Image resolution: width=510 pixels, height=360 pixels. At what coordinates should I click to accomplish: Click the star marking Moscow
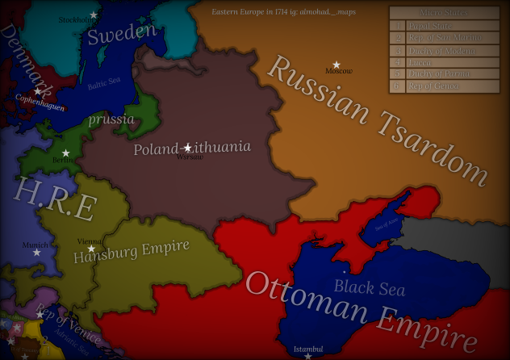click(337, 65)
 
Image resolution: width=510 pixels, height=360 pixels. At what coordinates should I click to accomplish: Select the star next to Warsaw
click(187, 148)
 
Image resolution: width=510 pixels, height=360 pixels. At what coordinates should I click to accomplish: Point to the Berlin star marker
click(66, 153)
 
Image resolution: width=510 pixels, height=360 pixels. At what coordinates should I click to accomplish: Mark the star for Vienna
click(91, 249)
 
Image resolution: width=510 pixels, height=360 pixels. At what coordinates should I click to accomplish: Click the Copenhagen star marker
click(36, 91)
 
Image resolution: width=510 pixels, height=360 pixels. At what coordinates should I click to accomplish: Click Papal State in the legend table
click(435, 25)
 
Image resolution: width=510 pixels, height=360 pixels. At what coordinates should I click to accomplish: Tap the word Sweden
click(121, 34)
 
